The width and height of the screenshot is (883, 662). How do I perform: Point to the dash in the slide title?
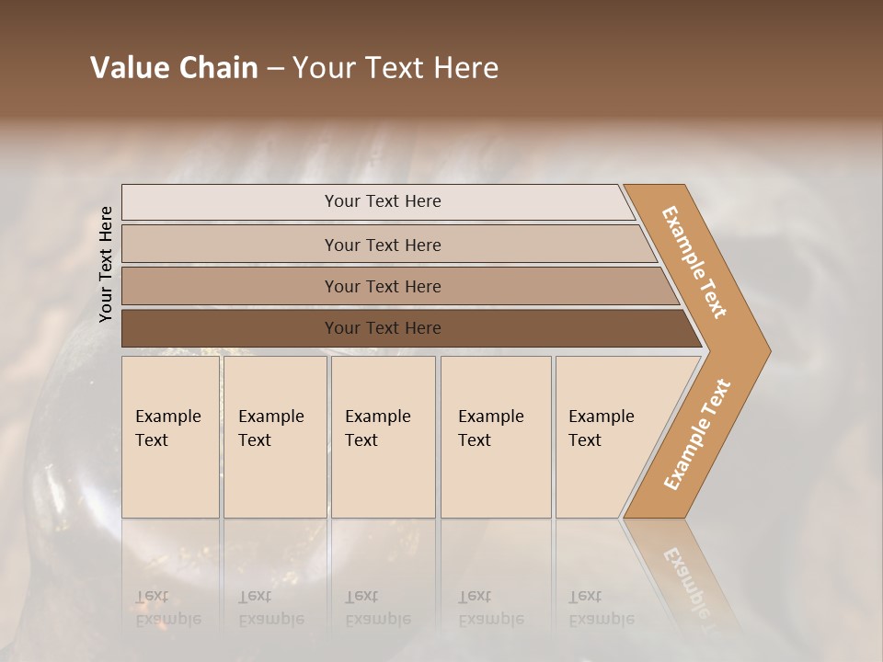[x=275, y=69]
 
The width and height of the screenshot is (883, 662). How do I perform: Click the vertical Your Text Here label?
[x=106, y=264]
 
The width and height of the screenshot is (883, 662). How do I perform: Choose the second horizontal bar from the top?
[x=382, y=245]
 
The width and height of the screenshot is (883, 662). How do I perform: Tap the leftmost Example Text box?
[x=170, y=437]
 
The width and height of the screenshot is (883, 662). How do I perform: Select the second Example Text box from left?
[x=274, y=437]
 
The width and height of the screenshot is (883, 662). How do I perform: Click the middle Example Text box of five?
[x=382, y=437]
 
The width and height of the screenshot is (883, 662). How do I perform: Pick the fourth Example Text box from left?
[x=495, y=437]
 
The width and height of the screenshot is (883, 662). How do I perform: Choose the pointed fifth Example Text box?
[x=607, y=437]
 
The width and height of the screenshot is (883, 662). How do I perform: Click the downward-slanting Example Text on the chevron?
[x=694, y=262]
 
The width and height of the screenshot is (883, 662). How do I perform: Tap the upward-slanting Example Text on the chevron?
[x=697, y=434]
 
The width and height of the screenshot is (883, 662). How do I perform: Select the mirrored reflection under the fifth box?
[x=601, y=607]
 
